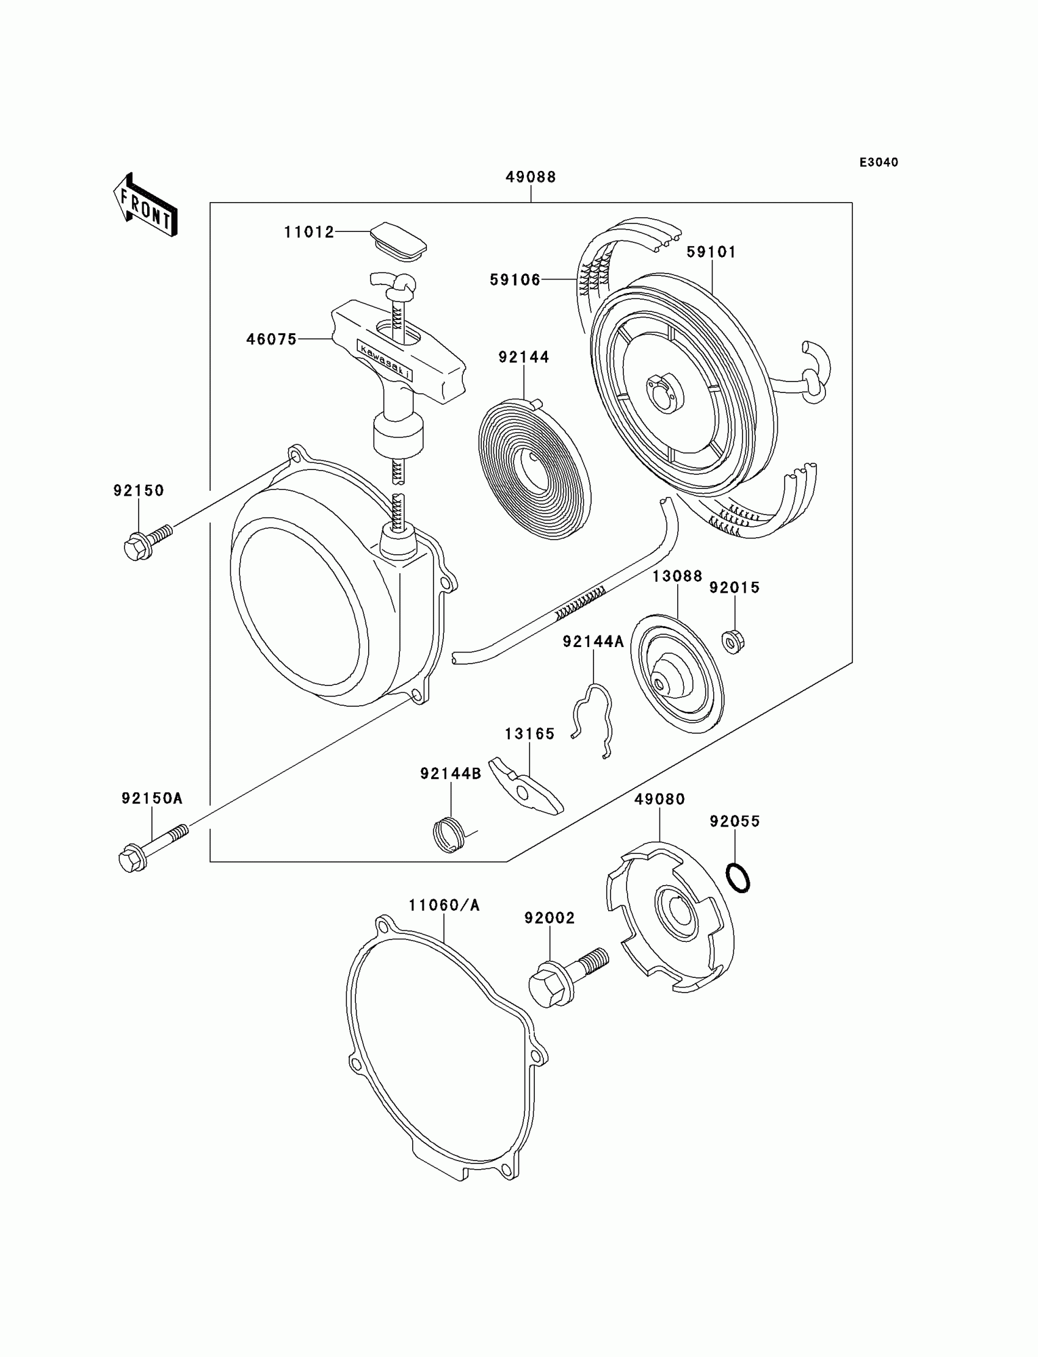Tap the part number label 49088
tap(530, 177)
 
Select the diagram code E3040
tap(879, 162)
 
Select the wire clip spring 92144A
tap(593, 720)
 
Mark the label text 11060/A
tap(444, 906)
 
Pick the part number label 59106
tap(515, 280)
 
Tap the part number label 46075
tap(271, 339)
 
